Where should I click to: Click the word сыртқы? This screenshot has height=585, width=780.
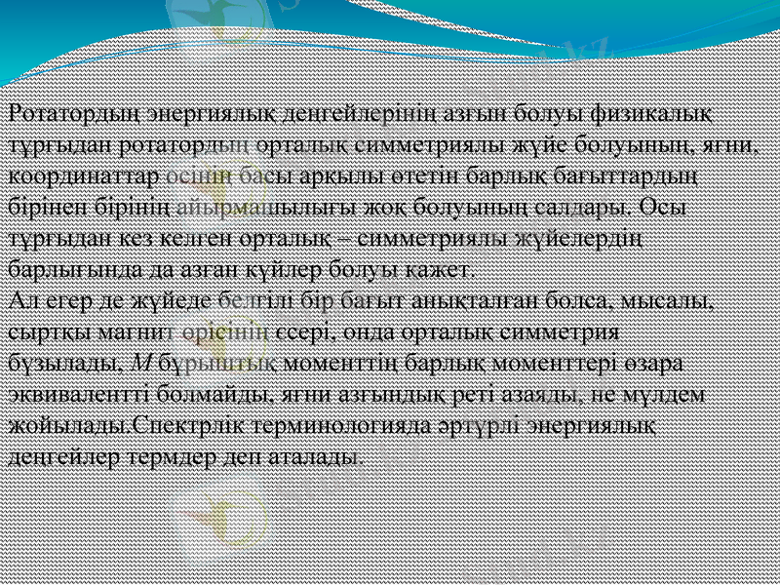(45, 331)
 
